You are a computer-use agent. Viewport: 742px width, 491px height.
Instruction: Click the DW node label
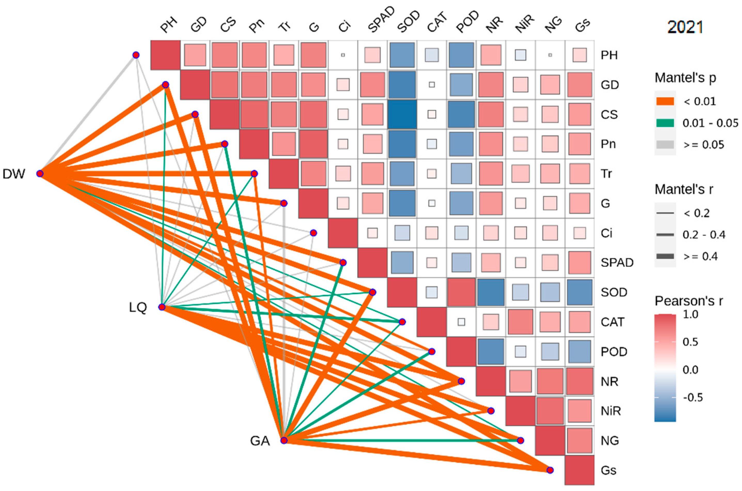tap(13, 174)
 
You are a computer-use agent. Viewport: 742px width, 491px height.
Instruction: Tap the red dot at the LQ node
tap(162, 307)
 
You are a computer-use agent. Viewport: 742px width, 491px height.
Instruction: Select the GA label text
tap(260, 441)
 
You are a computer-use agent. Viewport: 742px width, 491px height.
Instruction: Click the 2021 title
tap(685, 27)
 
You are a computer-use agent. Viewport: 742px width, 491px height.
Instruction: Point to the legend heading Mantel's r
tap(684, 190)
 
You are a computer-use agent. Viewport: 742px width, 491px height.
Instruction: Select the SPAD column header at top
tap(381, 20)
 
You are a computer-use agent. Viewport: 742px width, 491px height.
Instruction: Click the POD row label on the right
tap(614, 352)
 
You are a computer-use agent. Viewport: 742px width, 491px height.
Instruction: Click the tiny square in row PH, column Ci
tap(343, 55)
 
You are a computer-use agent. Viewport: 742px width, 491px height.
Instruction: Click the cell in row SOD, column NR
tap(491, 292)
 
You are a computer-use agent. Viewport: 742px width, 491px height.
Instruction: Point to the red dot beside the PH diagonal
tap(136, 55)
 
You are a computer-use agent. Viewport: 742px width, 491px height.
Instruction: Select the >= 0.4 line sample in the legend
tap(665, 256)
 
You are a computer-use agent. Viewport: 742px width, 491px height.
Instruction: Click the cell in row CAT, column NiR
tap(520, 322)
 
